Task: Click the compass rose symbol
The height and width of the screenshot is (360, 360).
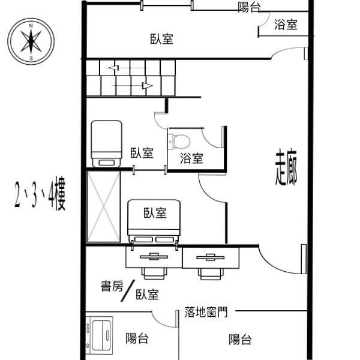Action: [x=31, y=41]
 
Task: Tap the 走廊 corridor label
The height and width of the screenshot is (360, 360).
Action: [x=286, y=167]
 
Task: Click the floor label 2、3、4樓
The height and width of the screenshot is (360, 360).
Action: [x=40, y=194]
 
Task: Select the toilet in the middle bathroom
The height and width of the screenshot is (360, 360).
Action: [x=179, y=142]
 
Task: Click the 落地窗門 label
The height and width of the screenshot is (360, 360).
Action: [x=206, y=312]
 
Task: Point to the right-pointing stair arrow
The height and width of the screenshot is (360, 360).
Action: [x=133, y=86]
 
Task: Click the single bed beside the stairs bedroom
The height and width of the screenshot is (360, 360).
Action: [x=106, y=144]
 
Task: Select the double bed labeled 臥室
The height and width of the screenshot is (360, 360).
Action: [x=154, y=221]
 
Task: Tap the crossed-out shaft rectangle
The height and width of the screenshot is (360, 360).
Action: [x=104, y=206]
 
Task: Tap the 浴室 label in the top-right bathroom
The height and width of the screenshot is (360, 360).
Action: [x=286, y=25]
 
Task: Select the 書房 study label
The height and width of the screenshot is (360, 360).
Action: [x=112, y=286]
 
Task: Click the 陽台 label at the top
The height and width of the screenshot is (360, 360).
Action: [x=249, y=7]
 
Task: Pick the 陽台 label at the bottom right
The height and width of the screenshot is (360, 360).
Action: [x=240, y=340]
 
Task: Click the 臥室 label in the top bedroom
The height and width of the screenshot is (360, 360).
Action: [x=162, y=39]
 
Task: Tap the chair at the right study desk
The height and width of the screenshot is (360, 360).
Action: [x=211, y=274]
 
